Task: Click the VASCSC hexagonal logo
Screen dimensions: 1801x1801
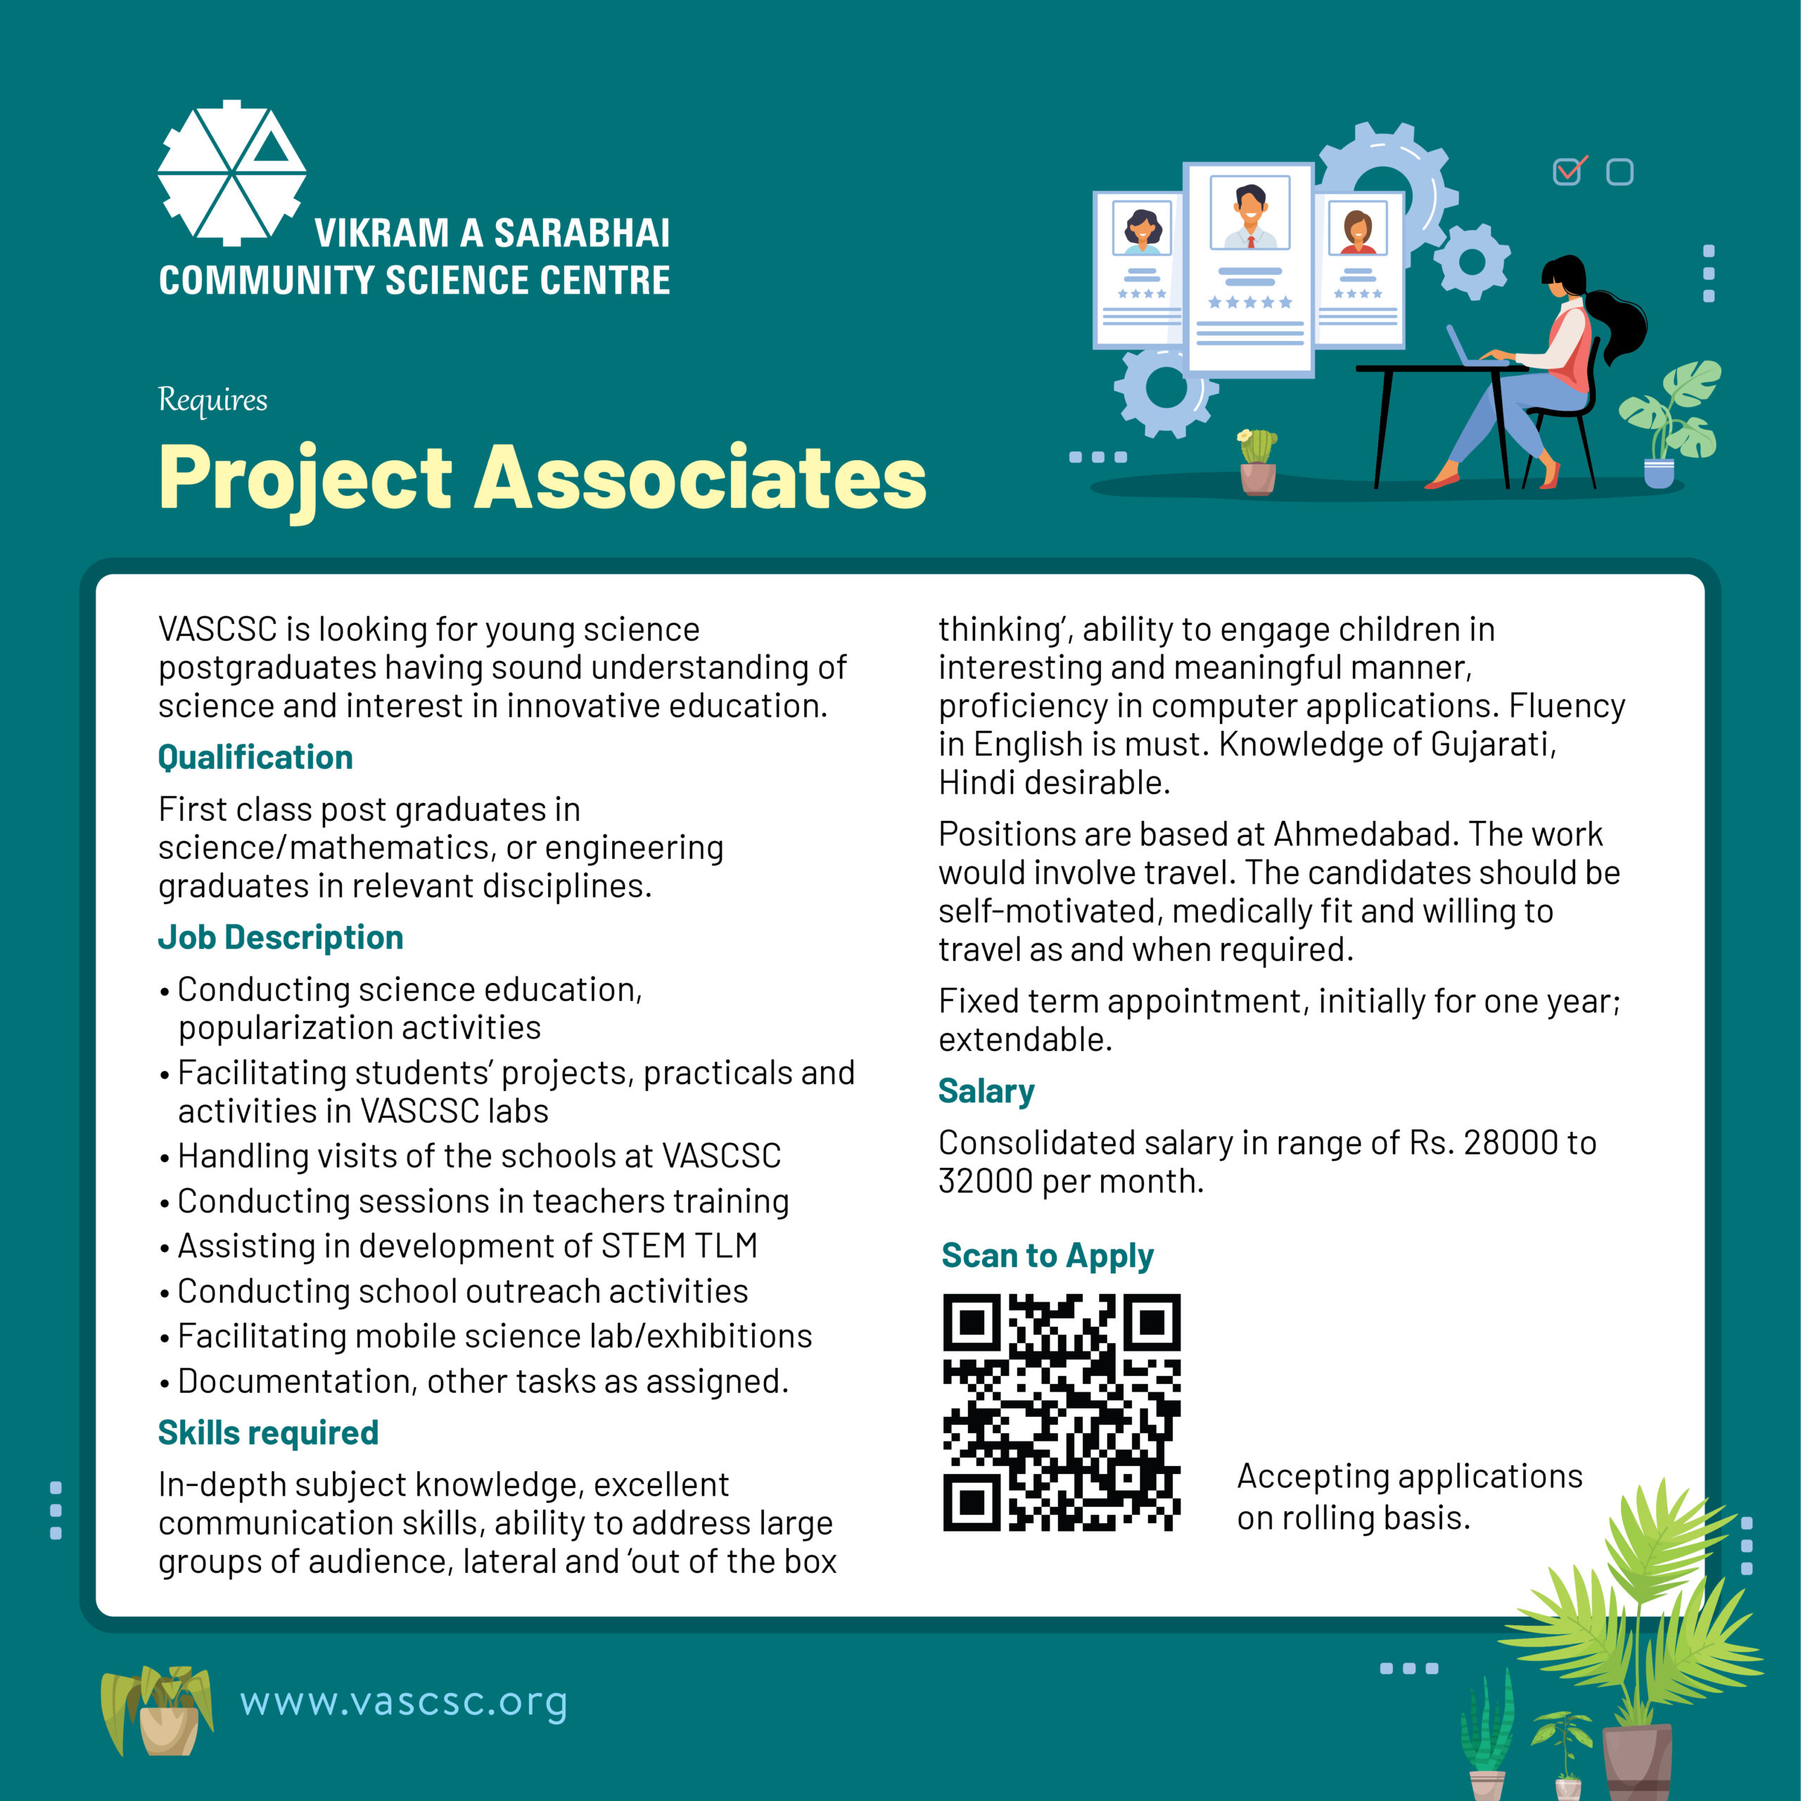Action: tap(231, 173)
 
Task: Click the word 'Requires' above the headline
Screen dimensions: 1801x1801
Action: tap(212, 400)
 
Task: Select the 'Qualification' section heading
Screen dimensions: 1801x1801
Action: tap(255, 757)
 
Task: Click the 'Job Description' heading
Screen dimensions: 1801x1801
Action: tap(281, 937)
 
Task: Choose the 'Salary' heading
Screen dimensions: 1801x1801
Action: tap(986, 1090)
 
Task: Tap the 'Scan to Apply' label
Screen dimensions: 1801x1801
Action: tap(1047, 1256)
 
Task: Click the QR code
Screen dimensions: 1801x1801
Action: tap(1062, 1411)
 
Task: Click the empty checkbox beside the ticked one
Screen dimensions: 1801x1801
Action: tap(1620, 172)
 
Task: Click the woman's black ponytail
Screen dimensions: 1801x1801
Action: tap(1619, 322)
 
